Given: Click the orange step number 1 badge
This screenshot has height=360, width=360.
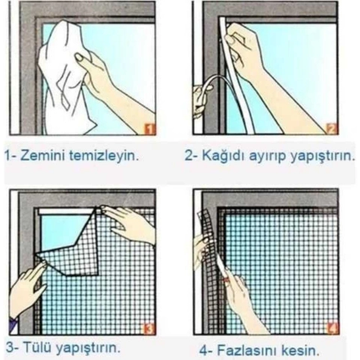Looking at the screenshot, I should click(x=148, y=128).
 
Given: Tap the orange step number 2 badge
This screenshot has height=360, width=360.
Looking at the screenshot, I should click(x=332, y=128).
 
